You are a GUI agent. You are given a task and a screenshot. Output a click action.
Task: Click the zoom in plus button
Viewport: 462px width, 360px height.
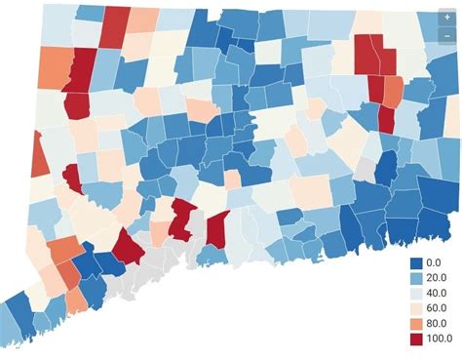pyautogui.click(x=446, y=18)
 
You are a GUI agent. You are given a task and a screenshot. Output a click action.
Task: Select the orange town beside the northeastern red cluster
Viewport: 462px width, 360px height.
pyautogui.click(x=393, y=91)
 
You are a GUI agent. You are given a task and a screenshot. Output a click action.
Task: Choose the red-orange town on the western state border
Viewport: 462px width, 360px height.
pyautogui.click(x=38, y=154)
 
